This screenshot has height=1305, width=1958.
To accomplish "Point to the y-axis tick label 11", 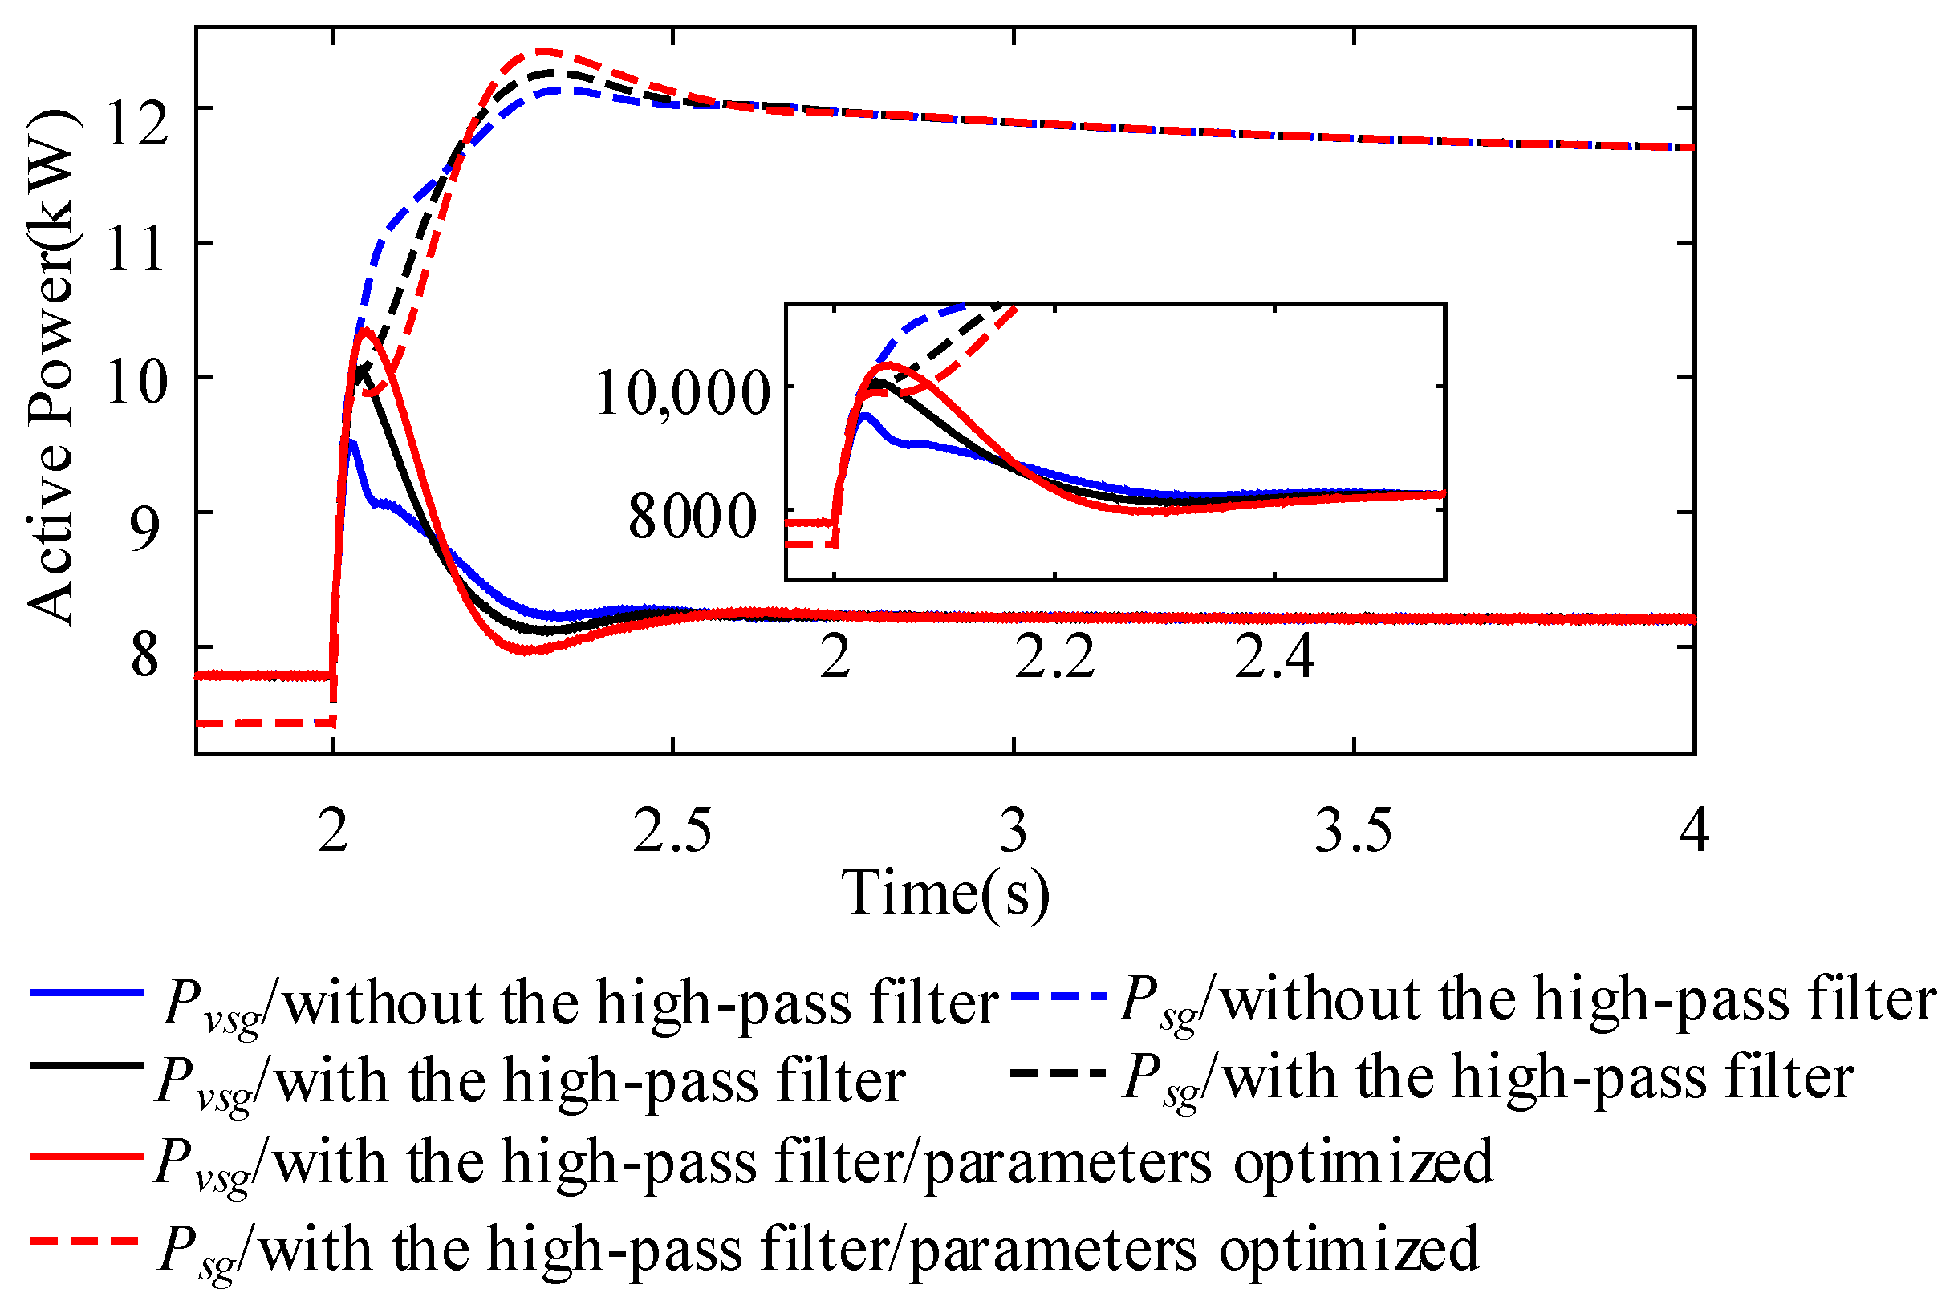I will coord(136,247).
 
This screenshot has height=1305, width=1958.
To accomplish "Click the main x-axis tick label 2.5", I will coord(672,831).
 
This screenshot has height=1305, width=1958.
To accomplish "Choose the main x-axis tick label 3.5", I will coord(1353,831).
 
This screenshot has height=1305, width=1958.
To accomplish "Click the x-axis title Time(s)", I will coord(947,894).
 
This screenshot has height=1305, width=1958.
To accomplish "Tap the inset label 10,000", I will coord(683,393).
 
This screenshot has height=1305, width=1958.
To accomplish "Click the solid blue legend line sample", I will coord(87,993).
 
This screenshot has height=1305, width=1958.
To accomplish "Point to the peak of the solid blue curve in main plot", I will coord(352,442).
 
